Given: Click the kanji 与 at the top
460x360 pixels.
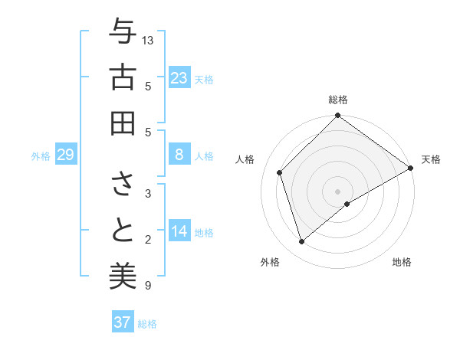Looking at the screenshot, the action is pos(123,34).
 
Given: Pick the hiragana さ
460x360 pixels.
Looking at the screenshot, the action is pos(123,184).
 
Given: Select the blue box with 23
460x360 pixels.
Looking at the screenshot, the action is pos(179,77).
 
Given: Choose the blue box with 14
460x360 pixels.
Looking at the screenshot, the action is pos(179,232).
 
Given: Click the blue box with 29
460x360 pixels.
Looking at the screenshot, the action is pos(65,155).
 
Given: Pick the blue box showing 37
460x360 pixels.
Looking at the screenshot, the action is pos(122,322).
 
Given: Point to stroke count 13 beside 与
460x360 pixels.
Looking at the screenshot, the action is pos(149,40).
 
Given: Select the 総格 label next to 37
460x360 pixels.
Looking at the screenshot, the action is pos(147,324).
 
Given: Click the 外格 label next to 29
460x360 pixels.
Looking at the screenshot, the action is pos(41,156).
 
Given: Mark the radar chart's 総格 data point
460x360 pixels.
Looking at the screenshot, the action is pos(337,116).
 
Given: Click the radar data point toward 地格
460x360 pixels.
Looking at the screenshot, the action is pos(347,204).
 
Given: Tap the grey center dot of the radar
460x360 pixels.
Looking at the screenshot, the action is pos(337,190).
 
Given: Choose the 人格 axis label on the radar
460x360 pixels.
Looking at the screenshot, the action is pos(245,159).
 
